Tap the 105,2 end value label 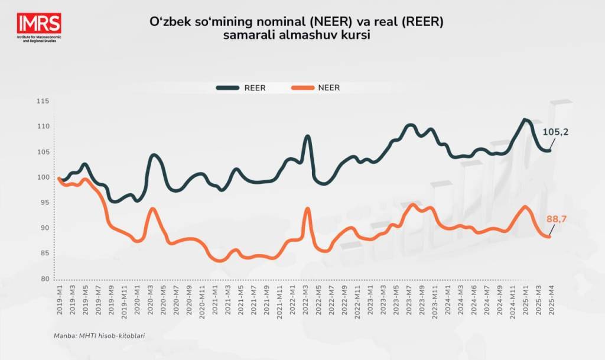point(555,132)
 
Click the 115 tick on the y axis point(43,102)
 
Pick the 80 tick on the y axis point(45,279)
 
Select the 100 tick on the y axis point(43,177)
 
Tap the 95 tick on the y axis point(45,203)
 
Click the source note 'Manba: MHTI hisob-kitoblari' point(99,336)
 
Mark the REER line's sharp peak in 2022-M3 point(307,137)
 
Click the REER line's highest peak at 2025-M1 point(524,120)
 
